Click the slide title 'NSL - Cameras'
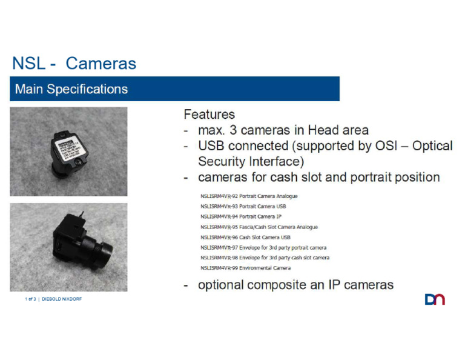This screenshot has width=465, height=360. [74, 64]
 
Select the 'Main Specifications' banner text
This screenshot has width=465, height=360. [71, 89]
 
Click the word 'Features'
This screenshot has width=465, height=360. [209, 114]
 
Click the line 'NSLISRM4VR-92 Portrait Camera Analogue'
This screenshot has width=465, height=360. [249, 196]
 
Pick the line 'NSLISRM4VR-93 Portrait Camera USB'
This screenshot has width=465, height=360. [243, 206]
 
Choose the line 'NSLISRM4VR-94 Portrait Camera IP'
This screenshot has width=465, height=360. [241, 216]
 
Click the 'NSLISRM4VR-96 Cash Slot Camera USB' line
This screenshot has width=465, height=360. [245, 237]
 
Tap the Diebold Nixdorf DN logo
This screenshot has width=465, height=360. [435, 299]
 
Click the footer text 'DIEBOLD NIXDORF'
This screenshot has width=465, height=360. [62, 299]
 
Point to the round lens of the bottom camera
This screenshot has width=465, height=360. [104, 248]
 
